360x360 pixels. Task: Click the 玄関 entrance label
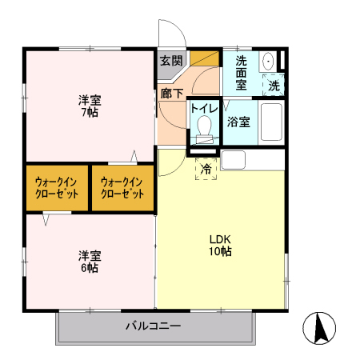tap(170, 60)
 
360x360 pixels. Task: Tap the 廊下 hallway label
tap(171, 94)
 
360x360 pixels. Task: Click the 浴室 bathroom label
tap(238, 122)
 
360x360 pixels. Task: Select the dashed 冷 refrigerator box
tap(206, 169)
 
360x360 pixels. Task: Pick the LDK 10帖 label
tap(221, 244)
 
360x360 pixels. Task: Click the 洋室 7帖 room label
tap(89, 106)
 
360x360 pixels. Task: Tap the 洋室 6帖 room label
tap(89, 262)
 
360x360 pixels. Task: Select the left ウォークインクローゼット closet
tap(56, 188)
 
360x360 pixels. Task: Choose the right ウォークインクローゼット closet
tap(122, 188)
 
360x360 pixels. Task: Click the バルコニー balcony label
tap(153, 326)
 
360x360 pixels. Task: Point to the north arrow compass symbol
tap(319, 328)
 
